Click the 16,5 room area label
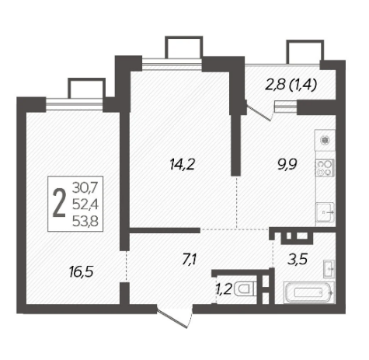click(81, 272)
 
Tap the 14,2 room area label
click(183, 164)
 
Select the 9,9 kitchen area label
click(287, 164)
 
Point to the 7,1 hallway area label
click(190, 260)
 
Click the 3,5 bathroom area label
click(298, 259)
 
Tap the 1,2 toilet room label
click(224, 289)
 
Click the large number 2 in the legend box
click(59, 203)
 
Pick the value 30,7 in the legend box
click(85, 187)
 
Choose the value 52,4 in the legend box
click(85, 204)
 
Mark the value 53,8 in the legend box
click(85, 222)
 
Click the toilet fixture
click(245, 289)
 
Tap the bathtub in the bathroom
click(308, 292)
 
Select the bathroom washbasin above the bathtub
click(329, 269)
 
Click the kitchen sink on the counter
click(325, 212)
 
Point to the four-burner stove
click(325, 168)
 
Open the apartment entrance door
click(176, 316)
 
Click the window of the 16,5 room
click(75, 105)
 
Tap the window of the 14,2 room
click(172, 64)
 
